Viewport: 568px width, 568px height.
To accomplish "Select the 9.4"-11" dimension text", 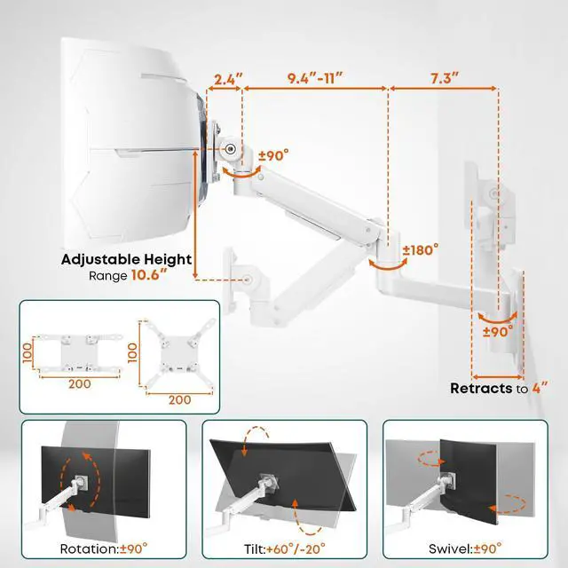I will [314, 77].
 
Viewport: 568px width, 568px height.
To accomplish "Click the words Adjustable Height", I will [126, 260].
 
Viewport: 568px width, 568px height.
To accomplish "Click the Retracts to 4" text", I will [499, 388].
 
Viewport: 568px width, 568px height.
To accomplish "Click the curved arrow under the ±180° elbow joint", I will [383, 265].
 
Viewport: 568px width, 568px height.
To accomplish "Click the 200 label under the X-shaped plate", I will [179, 399].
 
